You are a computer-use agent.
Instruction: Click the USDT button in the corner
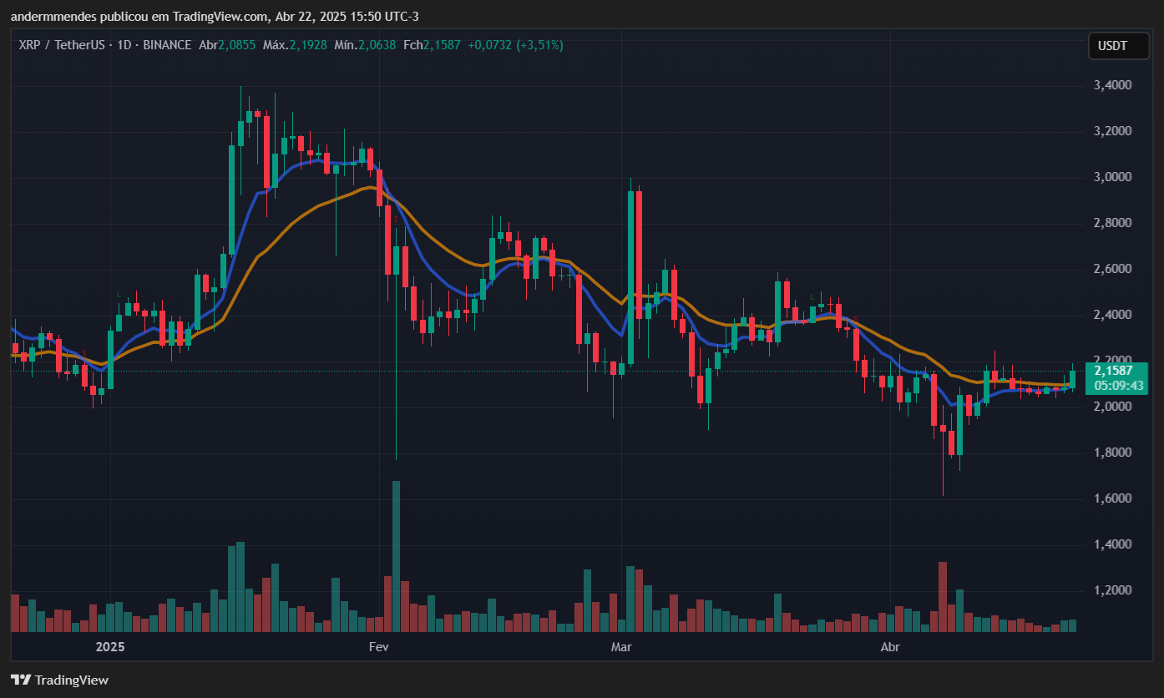point(1118,46)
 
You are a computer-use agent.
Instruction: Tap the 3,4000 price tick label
point(1112,85)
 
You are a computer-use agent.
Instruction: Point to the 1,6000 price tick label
point(1112,498)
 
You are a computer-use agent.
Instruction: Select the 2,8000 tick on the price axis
point(1112,223)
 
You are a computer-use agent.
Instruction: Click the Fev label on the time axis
point(379,647)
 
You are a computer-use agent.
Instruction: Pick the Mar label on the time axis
point(620,647)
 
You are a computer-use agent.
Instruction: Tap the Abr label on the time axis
point(891,647)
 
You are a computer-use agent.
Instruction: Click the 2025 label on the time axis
point(110,647)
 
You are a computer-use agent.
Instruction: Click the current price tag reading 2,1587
point(1113,370)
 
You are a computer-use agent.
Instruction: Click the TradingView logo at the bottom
point(59,680)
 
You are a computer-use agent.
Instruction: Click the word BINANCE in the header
point(167,45)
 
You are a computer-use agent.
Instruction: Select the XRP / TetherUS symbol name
point(62,45)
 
